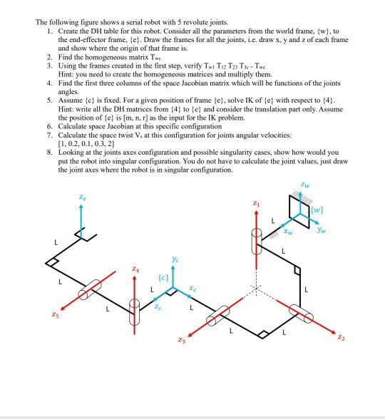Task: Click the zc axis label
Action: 160,304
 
